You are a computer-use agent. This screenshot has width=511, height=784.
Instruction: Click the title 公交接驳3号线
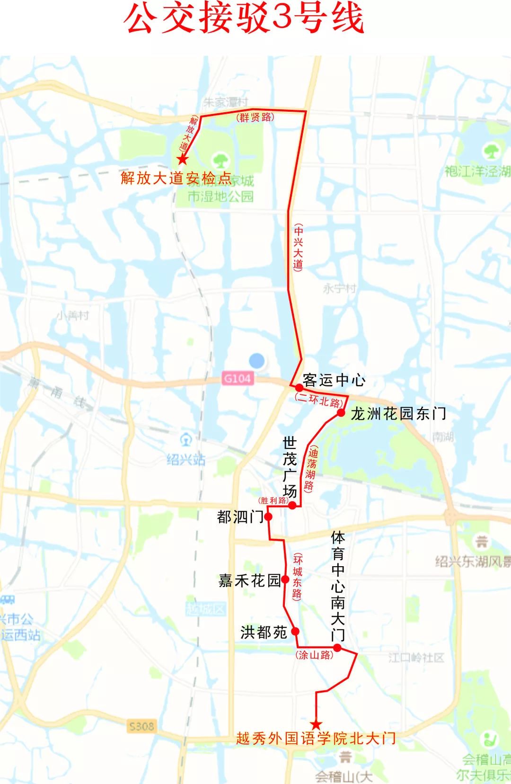click(244, 19)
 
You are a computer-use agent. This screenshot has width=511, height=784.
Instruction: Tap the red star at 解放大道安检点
click(182, 160)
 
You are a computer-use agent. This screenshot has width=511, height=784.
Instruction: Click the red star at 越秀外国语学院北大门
click(316, 725)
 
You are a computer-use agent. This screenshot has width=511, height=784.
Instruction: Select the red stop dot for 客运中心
click(299, 388)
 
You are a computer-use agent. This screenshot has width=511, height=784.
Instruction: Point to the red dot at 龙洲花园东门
click(341, 413)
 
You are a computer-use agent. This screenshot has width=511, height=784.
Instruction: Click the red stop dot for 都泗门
click(268, 517)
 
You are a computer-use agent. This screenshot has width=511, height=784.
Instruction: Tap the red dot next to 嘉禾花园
click(285, 579)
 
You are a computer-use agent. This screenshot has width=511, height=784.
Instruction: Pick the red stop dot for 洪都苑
click(295, 631)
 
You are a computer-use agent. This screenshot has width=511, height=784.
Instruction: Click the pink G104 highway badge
click(238, 378)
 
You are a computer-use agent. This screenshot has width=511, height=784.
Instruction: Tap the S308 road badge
click(141, 726)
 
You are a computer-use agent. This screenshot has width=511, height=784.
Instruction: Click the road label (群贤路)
click(255, 117)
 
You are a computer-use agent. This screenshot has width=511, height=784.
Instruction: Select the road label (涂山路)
click(315, 655)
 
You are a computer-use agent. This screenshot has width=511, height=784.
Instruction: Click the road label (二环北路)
click(319, 401)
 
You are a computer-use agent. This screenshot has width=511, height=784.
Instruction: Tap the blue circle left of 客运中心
click(257, 361)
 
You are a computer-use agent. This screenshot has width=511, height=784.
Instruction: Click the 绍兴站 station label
click(186, 459)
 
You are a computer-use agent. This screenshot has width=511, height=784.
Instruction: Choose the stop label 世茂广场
click(289, 467)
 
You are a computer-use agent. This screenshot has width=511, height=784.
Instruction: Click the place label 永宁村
click(339, 288)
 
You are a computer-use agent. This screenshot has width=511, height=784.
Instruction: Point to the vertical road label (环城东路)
click(297, 577)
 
